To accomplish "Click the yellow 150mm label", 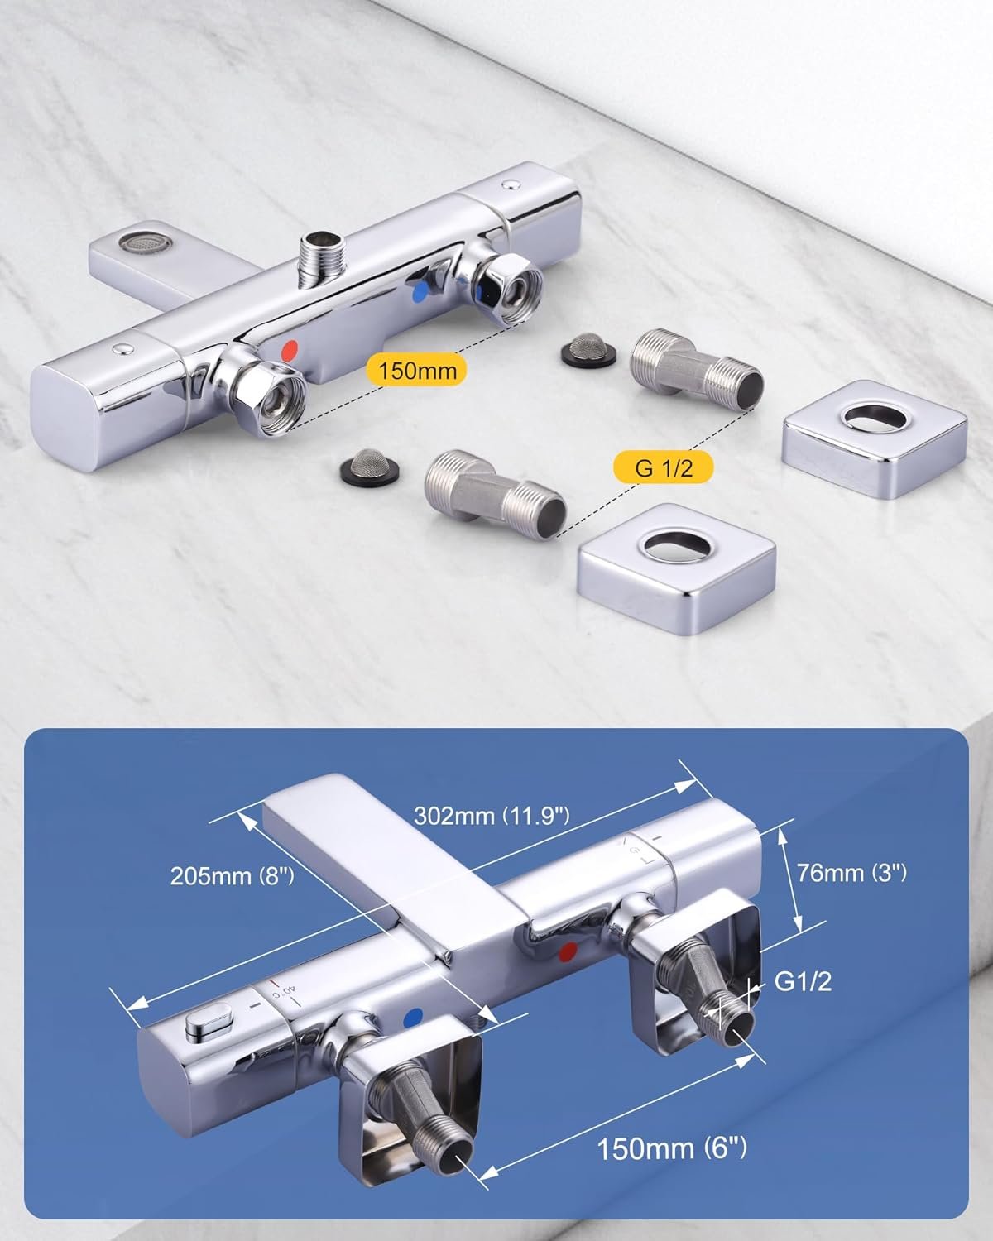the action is click(x=416, y=369).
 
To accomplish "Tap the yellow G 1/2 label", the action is click(x=663, y=467).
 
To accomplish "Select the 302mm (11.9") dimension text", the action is click(x=492, y=816).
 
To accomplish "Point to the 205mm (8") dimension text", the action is click(x=232, y=876).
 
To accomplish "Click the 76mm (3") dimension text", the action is click(x=851, y=873).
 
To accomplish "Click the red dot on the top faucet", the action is click(x=290, y=349).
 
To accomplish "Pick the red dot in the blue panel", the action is click(x=568, y=952).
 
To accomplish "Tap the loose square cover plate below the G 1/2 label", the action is click(x=677, y=568).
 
